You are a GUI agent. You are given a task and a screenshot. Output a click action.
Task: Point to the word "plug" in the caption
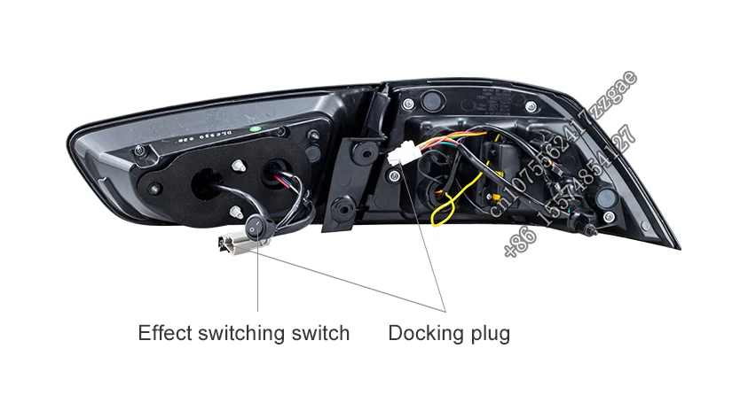(x=490, y=334)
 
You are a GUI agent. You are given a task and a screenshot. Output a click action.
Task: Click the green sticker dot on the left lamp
(x=255, y=130)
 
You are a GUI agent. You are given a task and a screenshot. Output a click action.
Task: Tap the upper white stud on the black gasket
(x=238, y=165)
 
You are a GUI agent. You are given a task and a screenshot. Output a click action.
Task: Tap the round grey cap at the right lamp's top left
(x=407, y=105)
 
